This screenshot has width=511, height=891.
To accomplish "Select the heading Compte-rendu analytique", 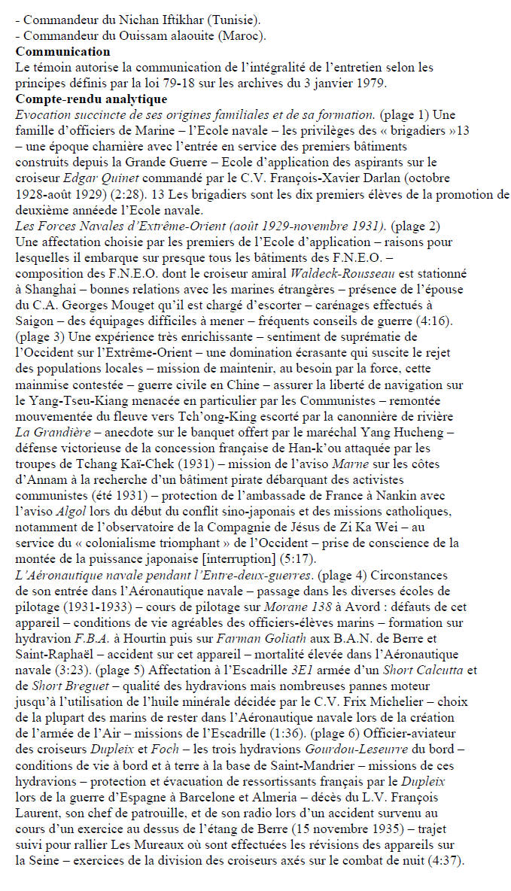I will click(x=91, y=99).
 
